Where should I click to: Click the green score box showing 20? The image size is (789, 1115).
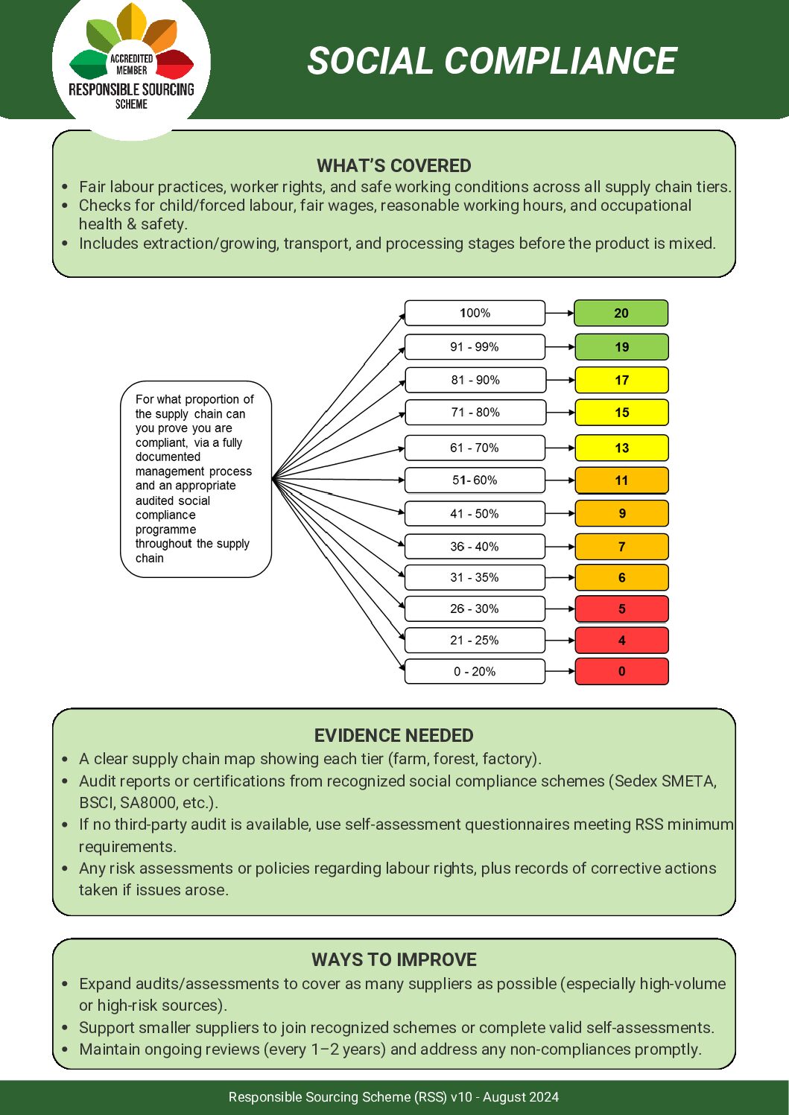[x=621, y=314]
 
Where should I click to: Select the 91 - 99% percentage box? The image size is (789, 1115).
[x=475, y=347]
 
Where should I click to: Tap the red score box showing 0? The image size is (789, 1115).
[x=621, y=672]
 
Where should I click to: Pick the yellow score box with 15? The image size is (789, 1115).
[x=621, y=413]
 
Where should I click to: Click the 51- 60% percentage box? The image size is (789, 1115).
[x=475, y=480]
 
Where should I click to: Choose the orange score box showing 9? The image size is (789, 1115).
[x=621, y=514]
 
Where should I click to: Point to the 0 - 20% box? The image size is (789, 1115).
[x=475, y=672]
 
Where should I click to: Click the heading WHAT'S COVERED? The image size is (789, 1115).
[x=393, y=165]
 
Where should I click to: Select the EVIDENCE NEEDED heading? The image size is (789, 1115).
[x=393, y=736]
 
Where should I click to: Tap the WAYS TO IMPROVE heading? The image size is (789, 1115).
[x=393, y=959]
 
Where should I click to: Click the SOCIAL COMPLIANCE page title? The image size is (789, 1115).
[x=492, y=61]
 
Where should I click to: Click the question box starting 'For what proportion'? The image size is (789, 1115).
[x=195, y=479]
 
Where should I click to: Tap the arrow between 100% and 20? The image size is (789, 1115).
[x=560, y=314]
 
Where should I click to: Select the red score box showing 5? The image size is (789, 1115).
[x=621, y=609]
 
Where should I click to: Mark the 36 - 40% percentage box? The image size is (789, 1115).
[x=475, y=547]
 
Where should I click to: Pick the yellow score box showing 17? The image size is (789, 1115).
[x=621, y=380]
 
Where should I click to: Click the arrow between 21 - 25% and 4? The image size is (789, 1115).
[x=560, y=641]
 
